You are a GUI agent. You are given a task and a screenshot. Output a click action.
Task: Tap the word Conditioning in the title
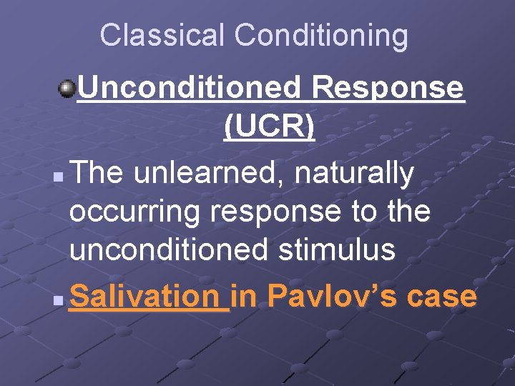coord(321,35)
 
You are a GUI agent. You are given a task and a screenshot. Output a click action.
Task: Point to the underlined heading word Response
coord(388,89)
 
